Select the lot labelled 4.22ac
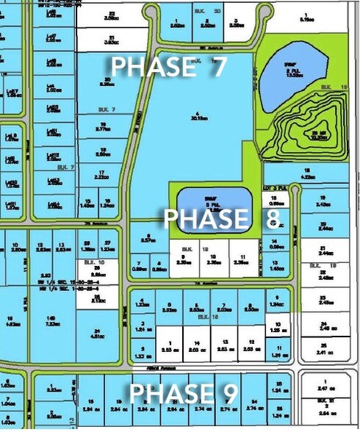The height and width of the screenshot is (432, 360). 309,173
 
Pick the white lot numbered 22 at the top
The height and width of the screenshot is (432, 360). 112,15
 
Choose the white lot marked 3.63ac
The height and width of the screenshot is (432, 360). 112,40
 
